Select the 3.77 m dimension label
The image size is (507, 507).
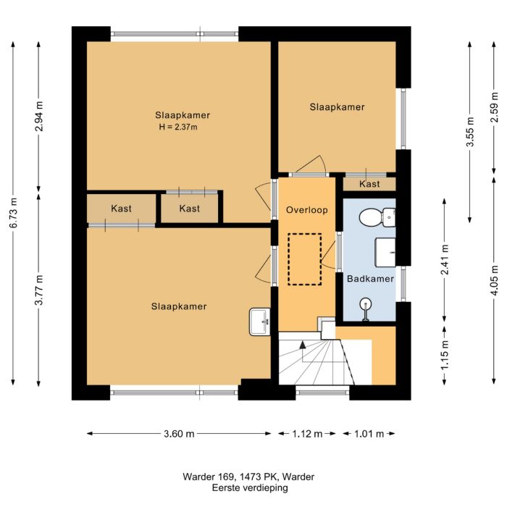pyautogui.click(x=38, y=290)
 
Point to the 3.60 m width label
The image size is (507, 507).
pyautogui.click(x=179, y=434)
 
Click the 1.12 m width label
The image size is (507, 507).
pyautogui.click(x=307, y=434)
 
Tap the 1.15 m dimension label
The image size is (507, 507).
pyautogui.click(x=445, y=355)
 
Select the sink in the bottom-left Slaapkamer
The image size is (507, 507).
pyautogui.click(x=259, y=321)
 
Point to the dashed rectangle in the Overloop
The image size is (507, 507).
pyautogui.click(x=304, y=259)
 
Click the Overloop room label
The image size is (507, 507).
pyautogui.click(x=307, y=211)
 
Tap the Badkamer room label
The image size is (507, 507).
pyautogui.click(x=370, y=279)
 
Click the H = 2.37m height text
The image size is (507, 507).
pyautogui.click(x=178, y=127)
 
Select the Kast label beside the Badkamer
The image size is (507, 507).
pyautogui.click(x=370, y=184)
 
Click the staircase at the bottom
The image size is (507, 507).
pyautogui.click(x=316, y=361)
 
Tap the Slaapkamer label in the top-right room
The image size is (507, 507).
pyautogui.click(x=337, y=107)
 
